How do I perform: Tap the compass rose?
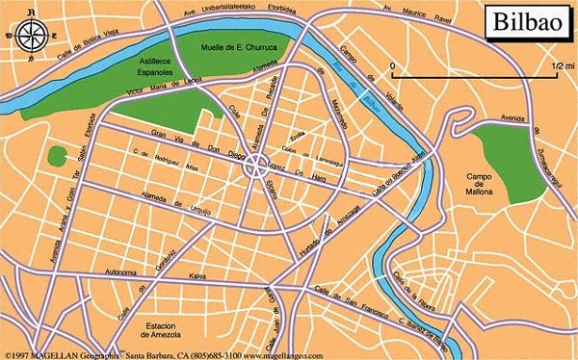click(x=32, y=35)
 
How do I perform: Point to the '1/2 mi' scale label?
click(x=558, y=64)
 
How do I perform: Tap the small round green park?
click(x=60, y=156)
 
